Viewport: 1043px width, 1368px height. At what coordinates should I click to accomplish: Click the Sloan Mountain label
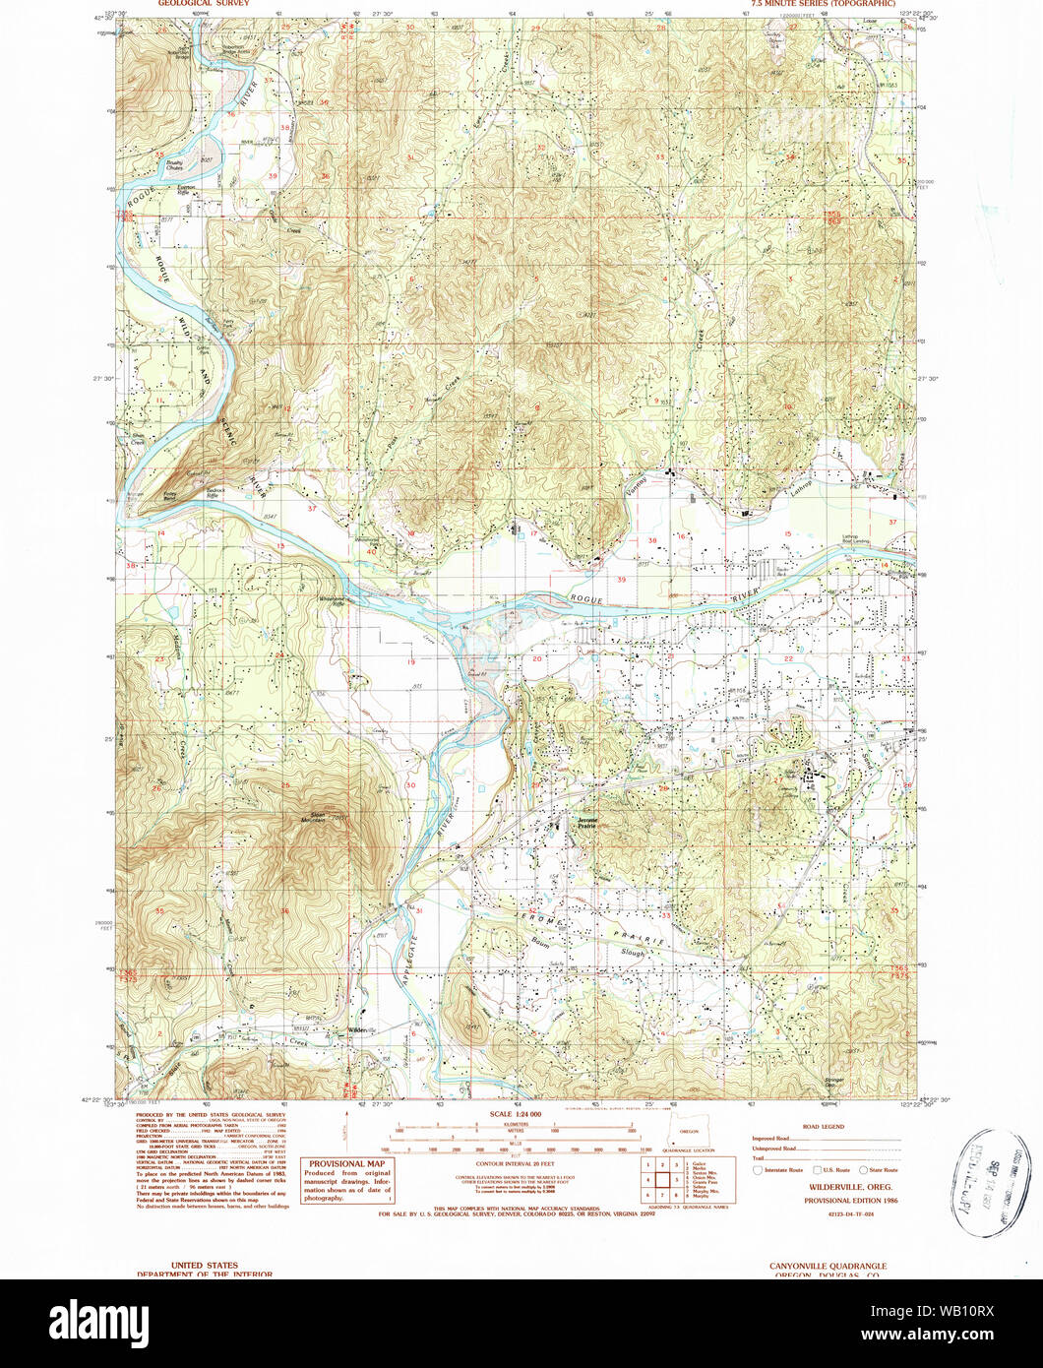(x=311, y=816)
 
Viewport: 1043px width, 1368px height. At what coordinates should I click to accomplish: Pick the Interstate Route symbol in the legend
(x=758, y=1170)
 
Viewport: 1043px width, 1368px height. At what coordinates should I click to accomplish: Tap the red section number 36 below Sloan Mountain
(x=284, y=911)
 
